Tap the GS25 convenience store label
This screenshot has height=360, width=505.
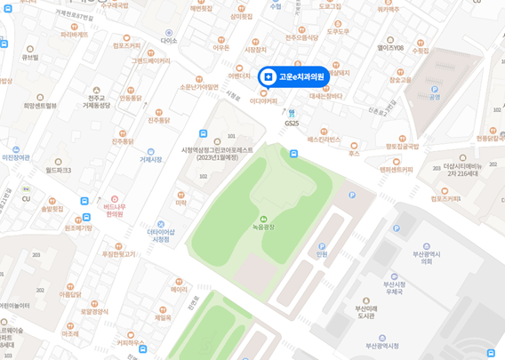click(292, 123)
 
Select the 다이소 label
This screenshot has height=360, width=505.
click(169, 40)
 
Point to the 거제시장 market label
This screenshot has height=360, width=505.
click(150, 159)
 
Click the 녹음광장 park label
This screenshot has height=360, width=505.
click(263, 227)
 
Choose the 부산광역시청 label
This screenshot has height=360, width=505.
click(382, 346)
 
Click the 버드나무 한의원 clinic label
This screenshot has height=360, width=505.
click(115, 210)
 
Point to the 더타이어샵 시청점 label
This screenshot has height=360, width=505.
click(160, 235)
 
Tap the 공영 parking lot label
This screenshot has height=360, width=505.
click(435, 96)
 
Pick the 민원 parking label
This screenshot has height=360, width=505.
click(322, 253)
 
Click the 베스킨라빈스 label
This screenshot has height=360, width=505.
click(324, 139)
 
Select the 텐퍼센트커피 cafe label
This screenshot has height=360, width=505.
click(396, 169)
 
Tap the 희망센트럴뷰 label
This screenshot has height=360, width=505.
click(39, 105)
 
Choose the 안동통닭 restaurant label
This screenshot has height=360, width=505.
click(130, 98)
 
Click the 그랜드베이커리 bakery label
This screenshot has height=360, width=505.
click(150, 60)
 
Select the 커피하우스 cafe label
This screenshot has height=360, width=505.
click(130, 342)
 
